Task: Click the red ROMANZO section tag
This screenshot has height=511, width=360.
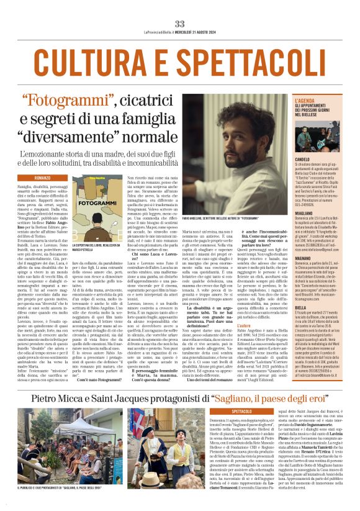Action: [43, 177]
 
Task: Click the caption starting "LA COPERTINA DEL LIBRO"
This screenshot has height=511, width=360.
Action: [92, 246]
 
